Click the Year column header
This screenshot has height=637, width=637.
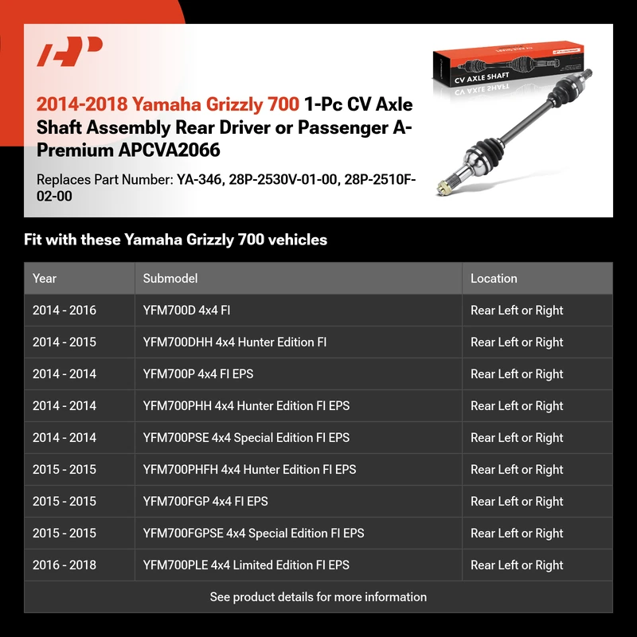coord(45,279)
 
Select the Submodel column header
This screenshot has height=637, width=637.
coord(170,279)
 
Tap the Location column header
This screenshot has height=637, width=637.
coord(494,279)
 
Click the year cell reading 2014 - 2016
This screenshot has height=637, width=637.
coord(64,311)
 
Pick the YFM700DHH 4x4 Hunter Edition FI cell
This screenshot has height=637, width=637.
coord(235,342)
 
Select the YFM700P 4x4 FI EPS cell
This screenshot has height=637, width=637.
coord(198,374)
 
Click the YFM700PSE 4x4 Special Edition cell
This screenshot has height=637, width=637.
coord(246,438)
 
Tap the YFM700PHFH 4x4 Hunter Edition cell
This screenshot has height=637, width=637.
coord(249,470)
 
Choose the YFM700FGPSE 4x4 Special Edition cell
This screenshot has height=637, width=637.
coord(253,533)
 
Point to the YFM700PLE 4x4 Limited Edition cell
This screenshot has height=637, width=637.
coord(246,565)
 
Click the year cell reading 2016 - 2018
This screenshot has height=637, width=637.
coord(64,565)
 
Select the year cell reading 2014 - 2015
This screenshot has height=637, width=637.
coord(64,342)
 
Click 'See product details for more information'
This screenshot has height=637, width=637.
coord(318,597)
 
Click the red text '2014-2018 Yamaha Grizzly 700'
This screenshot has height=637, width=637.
coord(168,104)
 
